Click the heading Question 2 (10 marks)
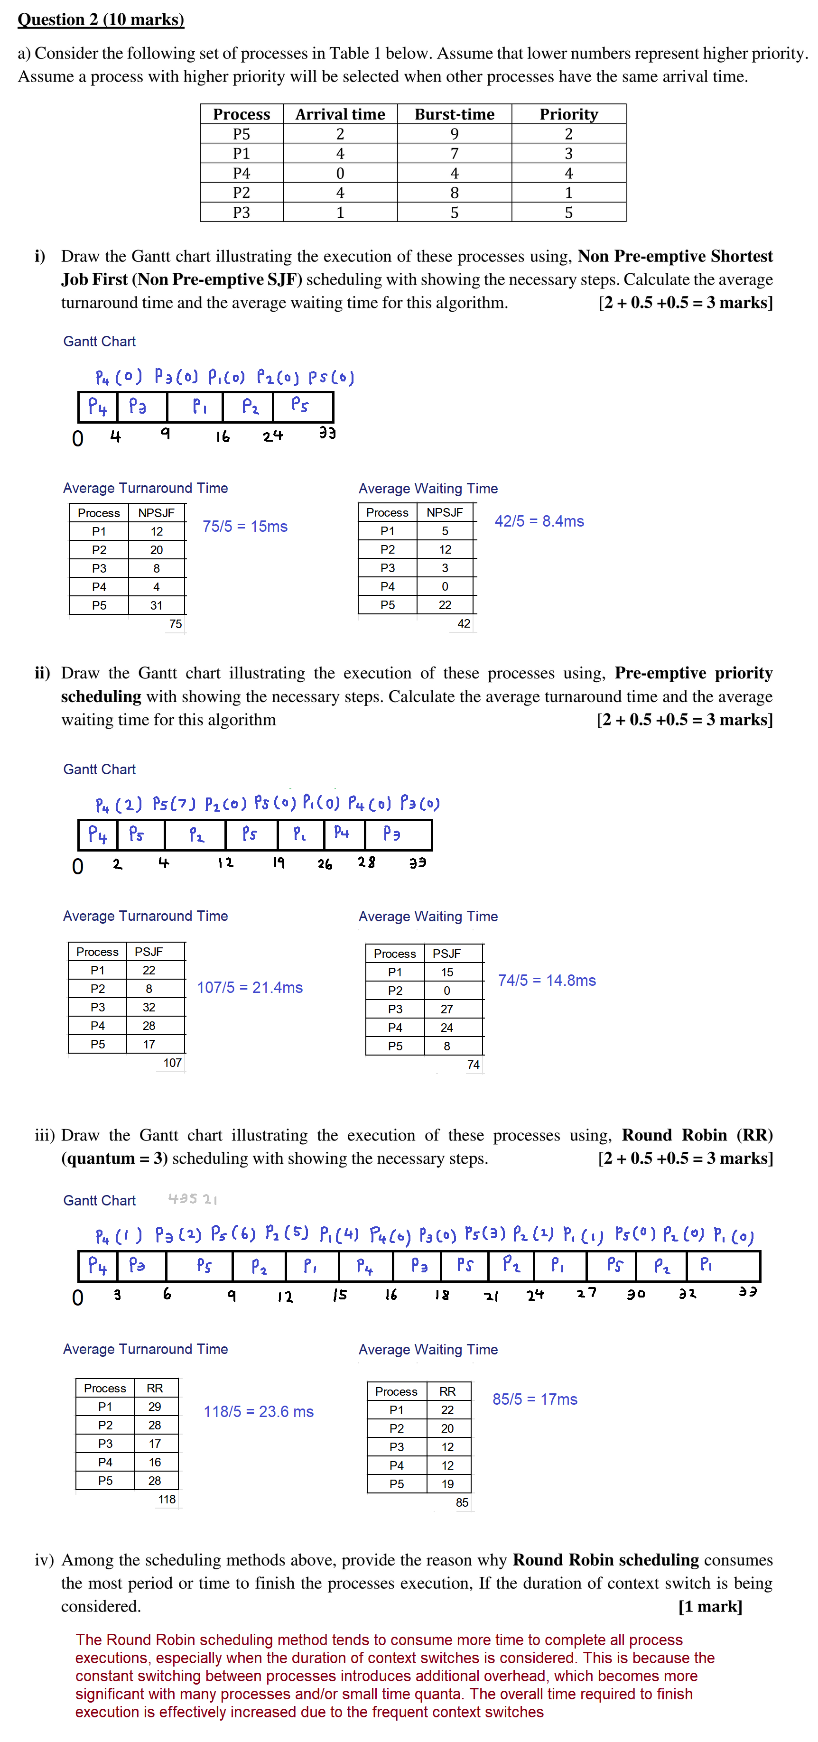(x=101, y=19)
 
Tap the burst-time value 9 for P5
(x=454, y=134)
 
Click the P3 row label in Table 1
(x=242, y=213)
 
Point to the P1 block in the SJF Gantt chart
(x=199, y=407)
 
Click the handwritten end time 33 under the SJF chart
(x=327, y=433)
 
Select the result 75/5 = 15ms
(x=245, y=526)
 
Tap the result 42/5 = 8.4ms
(x=539, y=521)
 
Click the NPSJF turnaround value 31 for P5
(x=156, y=605)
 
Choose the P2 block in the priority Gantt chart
(x=196, y=834)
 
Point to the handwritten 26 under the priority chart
(x=325, y=863)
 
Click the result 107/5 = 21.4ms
(x=250, y=987)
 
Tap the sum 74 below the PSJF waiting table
(x=473, y=1065)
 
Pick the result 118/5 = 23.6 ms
(x=259, y=1411)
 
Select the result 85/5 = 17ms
(x=535, y=1399)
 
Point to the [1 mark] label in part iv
(x=710, y=1606)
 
